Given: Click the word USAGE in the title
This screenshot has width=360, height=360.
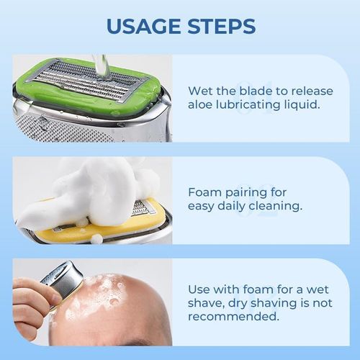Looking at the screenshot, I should point(140,26).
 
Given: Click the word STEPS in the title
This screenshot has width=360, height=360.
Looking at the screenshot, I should point(220,26).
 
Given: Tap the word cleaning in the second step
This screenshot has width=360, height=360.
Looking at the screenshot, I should point(288,207).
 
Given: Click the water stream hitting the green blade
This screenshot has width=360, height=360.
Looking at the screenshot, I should point(102,66).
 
